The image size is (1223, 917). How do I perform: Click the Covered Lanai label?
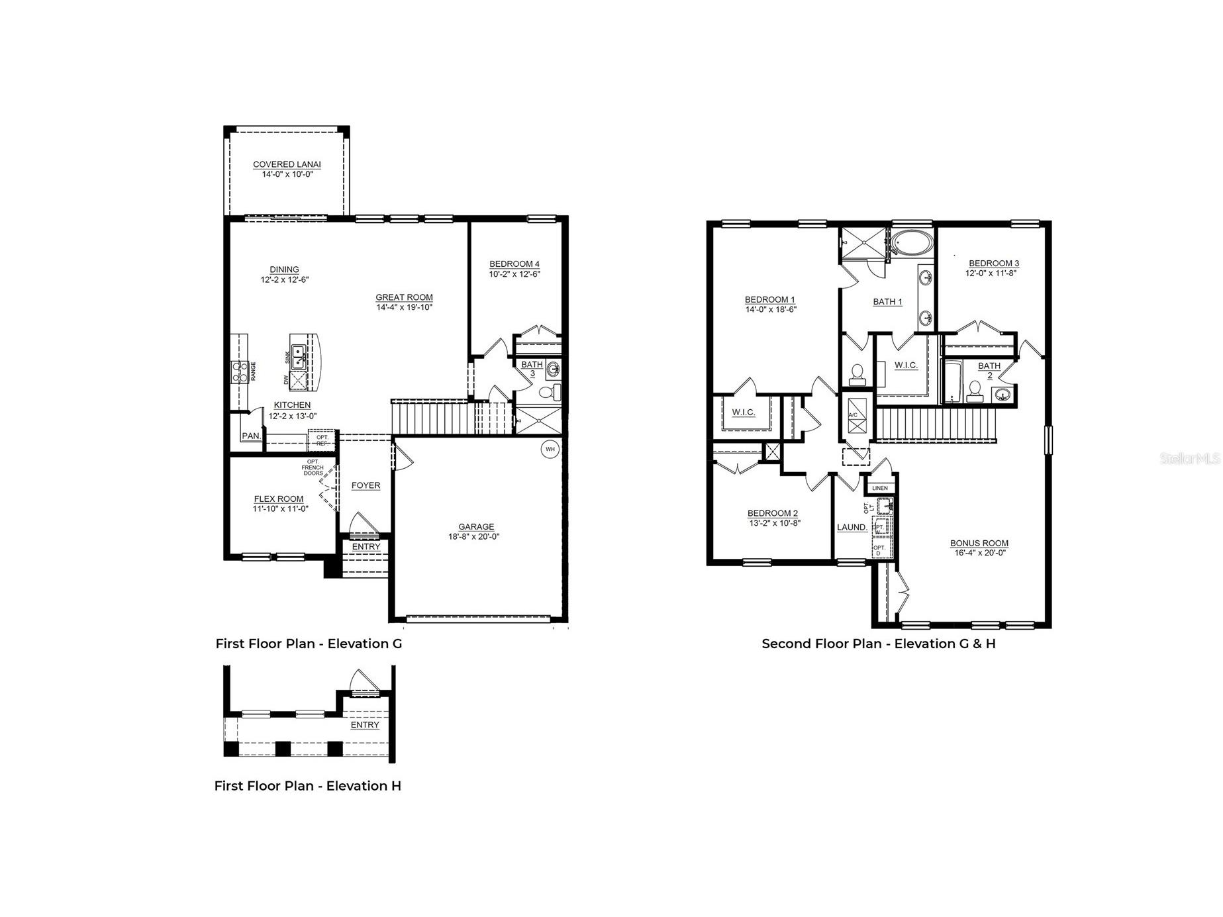pos(287,164)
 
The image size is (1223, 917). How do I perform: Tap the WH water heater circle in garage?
pos(550,449)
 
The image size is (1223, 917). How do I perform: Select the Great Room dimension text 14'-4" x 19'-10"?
pos(404,307)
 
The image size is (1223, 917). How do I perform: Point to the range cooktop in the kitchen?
pos(238,371)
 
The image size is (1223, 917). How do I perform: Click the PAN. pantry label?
pos(251,436)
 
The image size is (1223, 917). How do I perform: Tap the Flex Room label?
pos(279,499)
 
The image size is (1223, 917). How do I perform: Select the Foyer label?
pos(366,485)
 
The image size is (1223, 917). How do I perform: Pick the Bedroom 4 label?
pos(514,264)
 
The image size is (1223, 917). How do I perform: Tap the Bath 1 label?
pos(887,301)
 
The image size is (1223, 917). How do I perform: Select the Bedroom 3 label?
pos(994,263)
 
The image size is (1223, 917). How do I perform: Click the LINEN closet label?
pos(880,488)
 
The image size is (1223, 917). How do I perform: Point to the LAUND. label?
pos(852,527)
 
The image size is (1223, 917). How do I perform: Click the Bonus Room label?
pos(979,543)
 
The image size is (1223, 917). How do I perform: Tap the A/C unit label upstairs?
pos(853,415)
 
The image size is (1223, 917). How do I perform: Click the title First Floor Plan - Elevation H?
pos(307,786)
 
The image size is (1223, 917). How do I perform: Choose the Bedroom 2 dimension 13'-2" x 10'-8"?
pos(772,523)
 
